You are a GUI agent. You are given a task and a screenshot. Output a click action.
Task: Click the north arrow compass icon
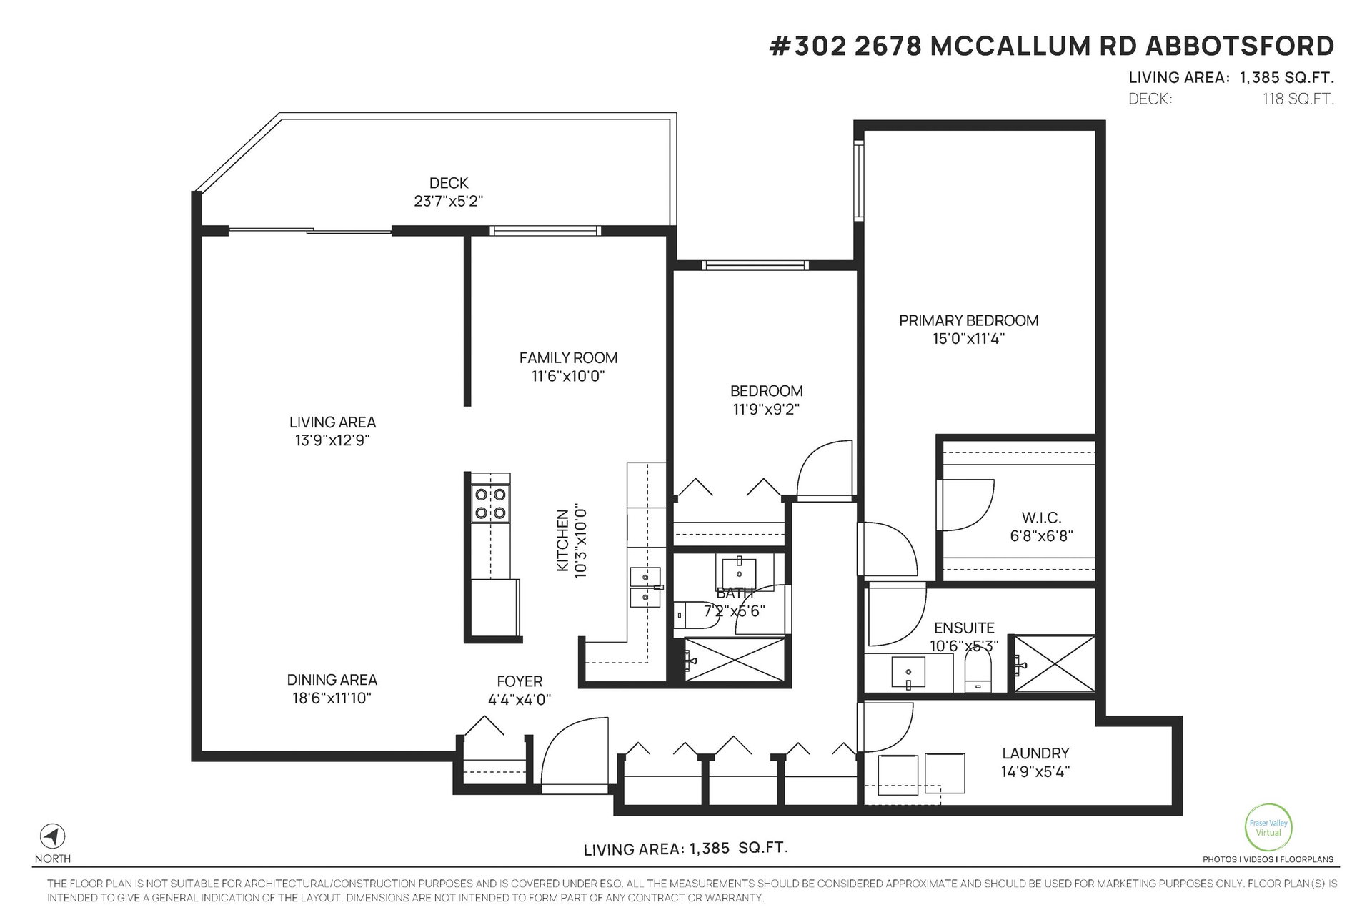tap(52, 836)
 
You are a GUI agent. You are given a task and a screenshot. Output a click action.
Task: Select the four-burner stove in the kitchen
tap(490, 503)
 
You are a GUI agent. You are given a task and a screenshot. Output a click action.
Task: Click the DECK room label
tap(449, 184)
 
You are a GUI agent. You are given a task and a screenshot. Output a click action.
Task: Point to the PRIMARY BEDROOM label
tap(968, 320)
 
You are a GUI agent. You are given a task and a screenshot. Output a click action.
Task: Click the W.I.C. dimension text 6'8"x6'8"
tap(1041, 535)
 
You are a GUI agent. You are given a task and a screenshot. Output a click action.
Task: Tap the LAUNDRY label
tap(1035, 753)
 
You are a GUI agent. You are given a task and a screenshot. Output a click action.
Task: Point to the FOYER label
tap(520, 681)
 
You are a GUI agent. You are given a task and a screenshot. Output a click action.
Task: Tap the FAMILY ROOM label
tap(568, 357)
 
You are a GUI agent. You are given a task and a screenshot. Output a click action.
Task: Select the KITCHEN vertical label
tap(562, 540)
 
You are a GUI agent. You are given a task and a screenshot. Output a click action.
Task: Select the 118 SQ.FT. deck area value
tap(1298, 99)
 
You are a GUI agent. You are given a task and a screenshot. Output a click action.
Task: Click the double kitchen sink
tap(645, 587)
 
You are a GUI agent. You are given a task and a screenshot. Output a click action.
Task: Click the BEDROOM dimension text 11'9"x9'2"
tap(766, 410)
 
